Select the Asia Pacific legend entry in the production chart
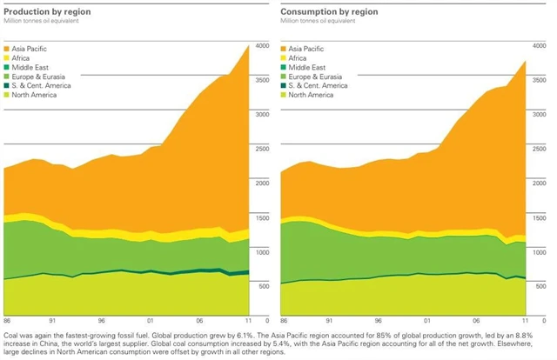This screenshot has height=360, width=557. click(x=30, y=49)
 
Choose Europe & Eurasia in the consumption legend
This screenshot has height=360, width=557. click(x=312, y=77)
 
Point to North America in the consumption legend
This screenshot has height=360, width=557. click(x=311, y=95)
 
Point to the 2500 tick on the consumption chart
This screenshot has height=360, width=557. click(x=540, y=149)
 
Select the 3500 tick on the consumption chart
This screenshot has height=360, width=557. click(x=540, y=80)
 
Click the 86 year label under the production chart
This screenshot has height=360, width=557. click(x=8, y=321)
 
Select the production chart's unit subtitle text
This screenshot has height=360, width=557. click(x=43, y=20)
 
